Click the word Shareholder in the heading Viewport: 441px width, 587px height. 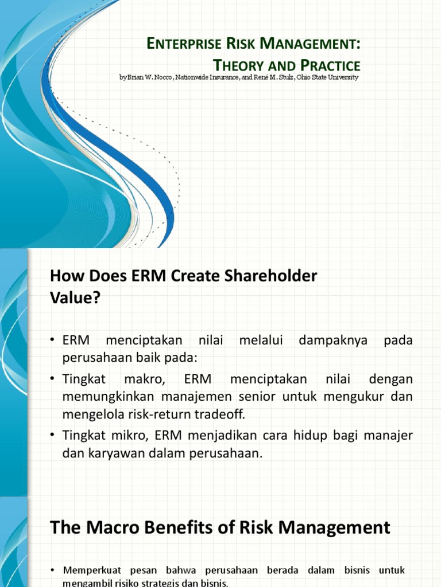point(272,276)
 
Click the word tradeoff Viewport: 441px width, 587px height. point(226,414)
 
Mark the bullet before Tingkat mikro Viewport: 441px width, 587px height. point(53,436)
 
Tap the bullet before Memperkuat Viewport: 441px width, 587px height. point(53,570)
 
